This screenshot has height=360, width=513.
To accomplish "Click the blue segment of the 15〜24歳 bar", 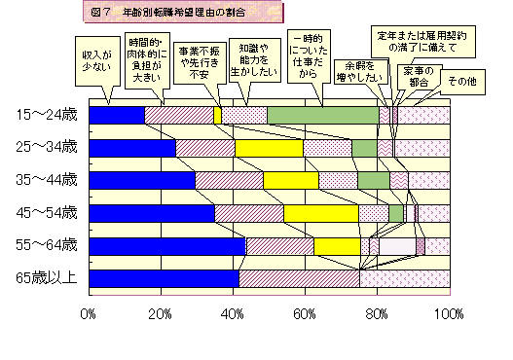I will click(x=116, y=115).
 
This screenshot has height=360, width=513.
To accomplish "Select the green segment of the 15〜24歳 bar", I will click(x=322, y=115).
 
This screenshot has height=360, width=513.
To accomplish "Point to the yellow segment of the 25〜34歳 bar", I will click(x=269, y=148).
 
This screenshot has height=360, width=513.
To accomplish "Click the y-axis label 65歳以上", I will click(x=47, y=279).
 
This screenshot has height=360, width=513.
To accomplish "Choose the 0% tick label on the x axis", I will click(x=89, y=314).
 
